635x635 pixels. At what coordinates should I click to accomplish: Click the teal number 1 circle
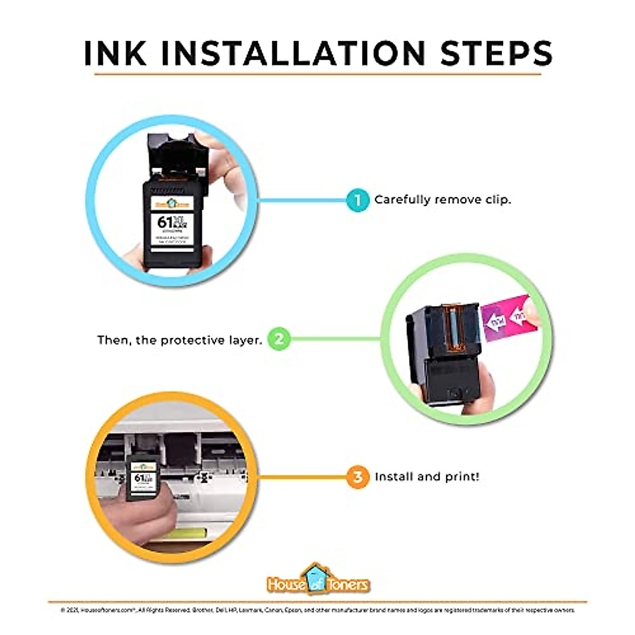358,200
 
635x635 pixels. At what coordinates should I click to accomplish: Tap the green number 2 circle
279,339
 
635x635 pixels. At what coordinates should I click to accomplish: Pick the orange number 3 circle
358,477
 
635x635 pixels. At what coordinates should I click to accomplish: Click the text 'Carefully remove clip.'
442,200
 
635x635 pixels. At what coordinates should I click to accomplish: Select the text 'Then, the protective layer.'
179,340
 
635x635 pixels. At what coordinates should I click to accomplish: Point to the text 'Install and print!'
427,477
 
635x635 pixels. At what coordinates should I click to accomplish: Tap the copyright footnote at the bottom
317,610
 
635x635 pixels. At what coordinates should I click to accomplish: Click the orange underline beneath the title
317,74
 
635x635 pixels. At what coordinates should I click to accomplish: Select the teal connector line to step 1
302,201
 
